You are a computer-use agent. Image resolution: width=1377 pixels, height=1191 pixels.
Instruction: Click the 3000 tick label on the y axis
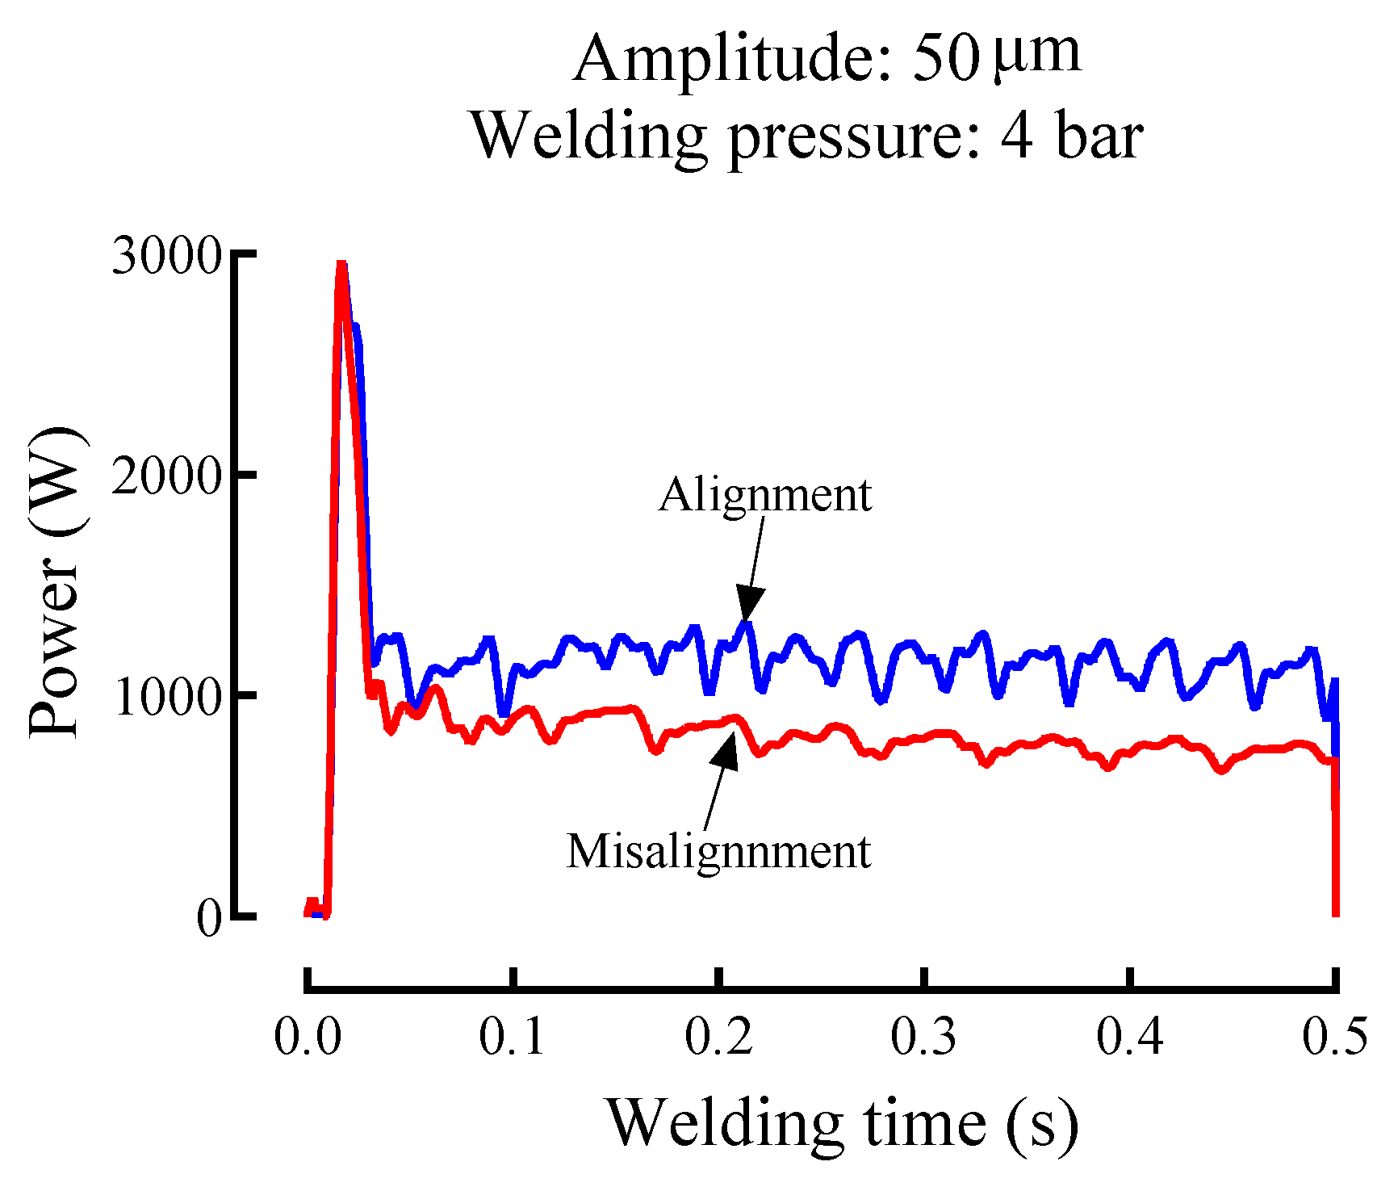(166, 258)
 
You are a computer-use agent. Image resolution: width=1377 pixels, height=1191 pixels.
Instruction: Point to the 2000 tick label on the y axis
(166, 477)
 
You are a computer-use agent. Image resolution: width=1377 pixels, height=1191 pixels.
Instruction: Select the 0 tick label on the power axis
(209, 918)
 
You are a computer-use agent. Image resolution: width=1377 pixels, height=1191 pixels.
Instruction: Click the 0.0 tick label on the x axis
(308, 1036)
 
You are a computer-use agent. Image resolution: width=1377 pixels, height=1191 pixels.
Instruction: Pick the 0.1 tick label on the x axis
(513, 1036)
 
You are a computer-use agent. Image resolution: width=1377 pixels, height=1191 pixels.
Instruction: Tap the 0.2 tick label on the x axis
(719, 1036)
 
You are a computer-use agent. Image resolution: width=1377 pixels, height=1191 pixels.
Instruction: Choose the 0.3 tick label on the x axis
(925, 1036)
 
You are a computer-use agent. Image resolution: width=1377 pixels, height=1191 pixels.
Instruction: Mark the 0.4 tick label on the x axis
(1130, 1036)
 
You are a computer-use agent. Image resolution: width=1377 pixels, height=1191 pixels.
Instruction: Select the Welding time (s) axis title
(842, 1123)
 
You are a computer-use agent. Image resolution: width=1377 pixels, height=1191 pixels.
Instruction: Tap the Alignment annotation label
(764, 494)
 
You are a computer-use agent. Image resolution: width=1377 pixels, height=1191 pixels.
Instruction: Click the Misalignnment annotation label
(718, 850)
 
